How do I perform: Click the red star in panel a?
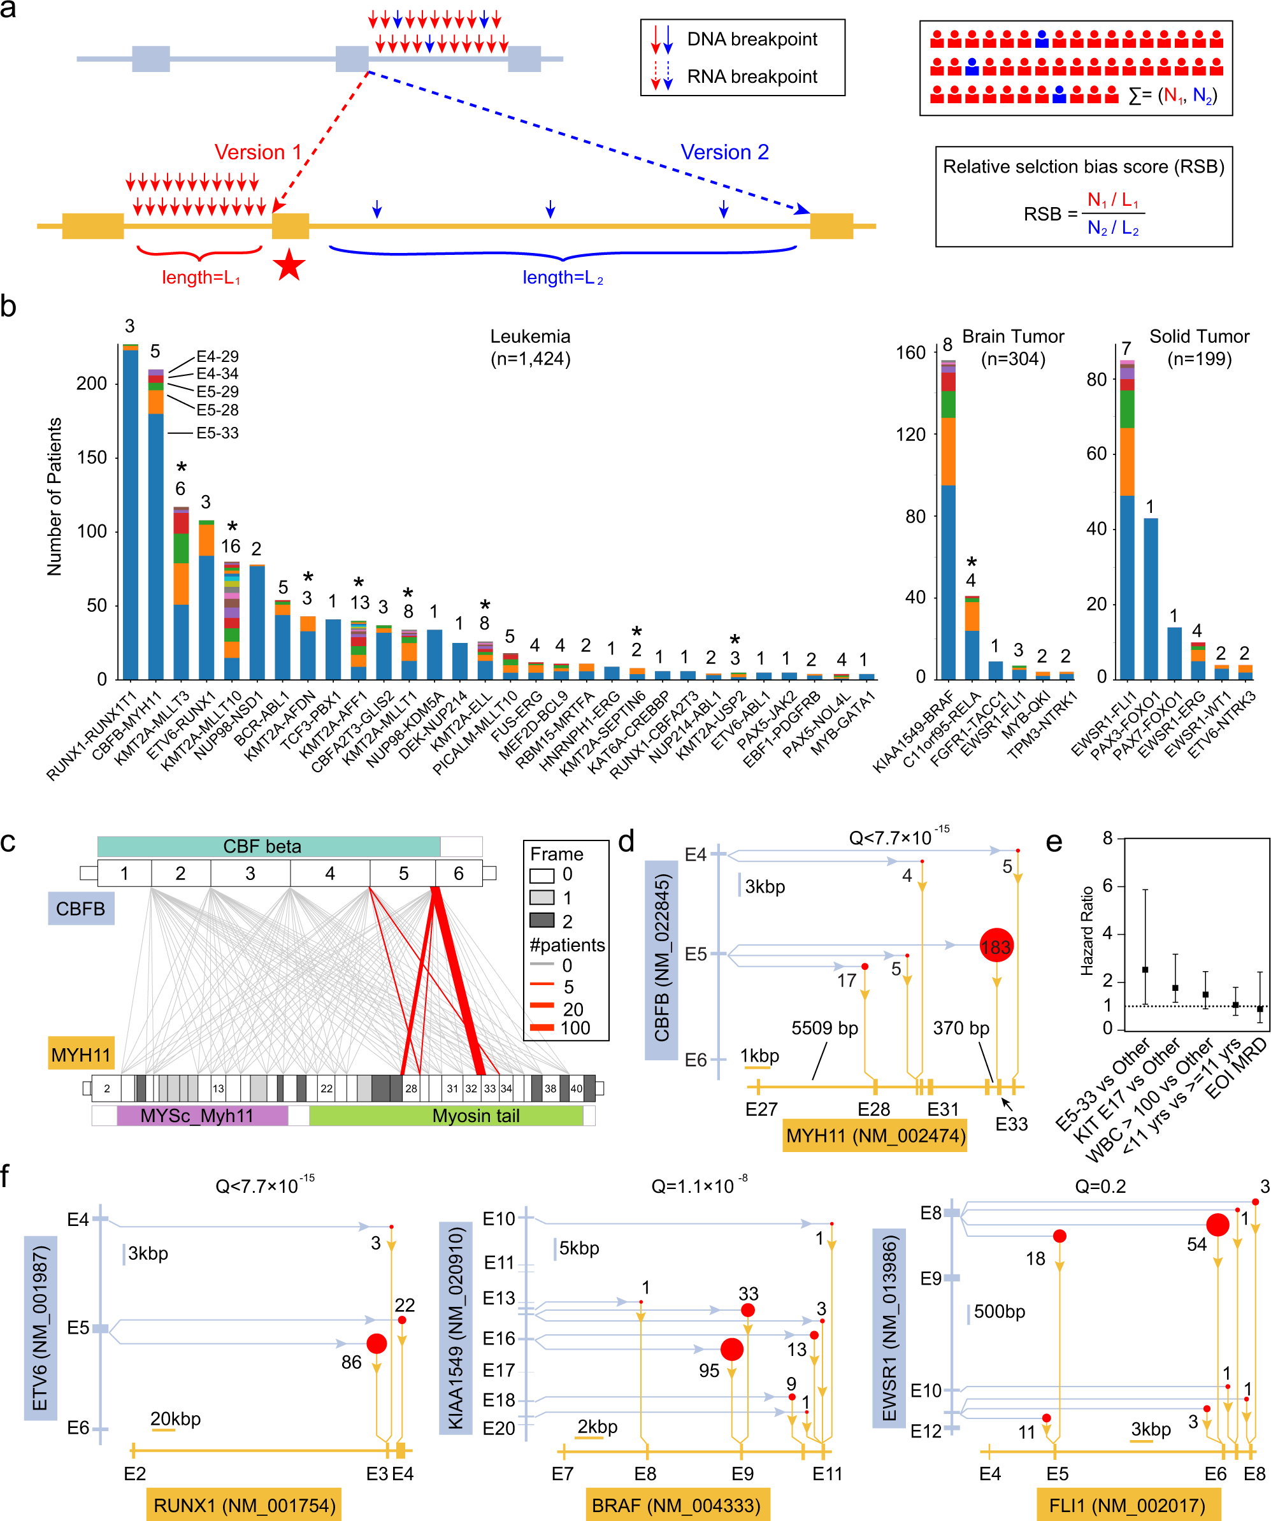coord(290,265)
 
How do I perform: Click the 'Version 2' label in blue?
coord(724,152)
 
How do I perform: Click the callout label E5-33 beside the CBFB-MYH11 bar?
coord(217,433)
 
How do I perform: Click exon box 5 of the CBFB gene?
coord(403,874)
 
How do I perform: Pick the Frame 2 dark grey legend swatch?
coord(542,920)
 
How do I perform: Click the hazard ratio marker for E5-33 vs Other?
coord(1145,969)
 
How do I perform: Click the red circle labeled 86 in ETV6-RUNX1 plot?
coord(377,1344)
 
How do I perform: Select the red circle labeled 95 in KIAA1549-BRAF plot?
coord(731,1350)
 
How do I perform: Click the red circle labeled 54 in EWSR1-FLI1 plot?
coord(1217,1225)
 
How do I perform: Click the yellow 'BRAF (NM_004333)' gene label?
coord(677,1505)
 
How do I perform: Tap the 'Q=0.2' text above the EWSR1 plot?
coord(1100,1186)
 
